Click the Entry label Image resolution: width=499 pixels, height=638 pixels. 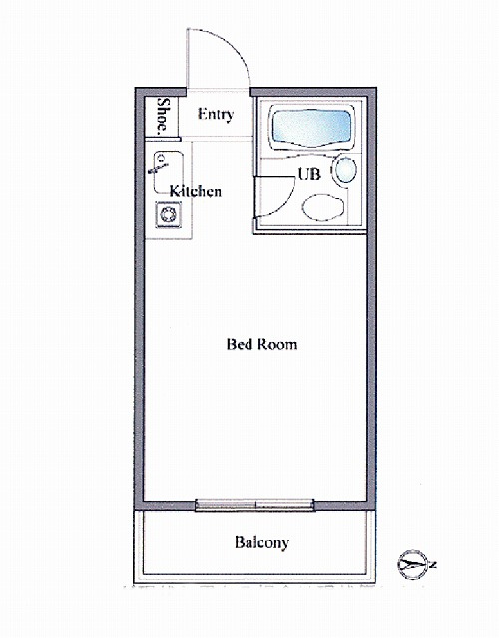[216, 115]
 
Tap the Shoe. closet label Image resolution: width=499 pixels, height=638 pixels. [163, 116]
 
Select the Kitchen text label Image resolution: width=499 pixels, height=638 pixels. [196, 191]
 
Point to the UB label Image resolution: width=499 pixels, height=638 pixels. [309, 174]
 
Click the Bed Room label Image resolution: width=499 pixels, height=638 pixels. [261, 344]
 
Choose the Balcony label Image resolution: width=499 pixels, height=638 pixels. [261, 542]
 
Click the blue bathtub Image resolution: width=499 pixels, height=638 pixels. [311, 127]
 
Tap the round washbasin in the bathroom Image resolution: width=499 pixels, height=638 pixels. [345, 170]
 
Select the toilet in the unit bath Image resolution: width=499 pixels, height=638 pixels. [323, 207]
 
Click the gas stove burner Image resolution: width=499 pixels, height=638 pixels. [168, 214]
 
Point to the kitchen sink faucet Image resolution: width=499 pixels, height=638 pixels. [159, 164]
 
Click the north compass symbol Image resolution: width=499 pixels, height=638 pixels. [412, 564]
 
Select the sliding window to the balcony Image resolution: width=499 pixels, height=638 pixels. [255, 505]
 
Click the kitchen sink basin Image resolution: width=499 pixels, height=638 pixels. [168, 172]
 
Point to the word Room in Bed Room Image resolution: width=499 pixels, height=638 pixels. [278, 344]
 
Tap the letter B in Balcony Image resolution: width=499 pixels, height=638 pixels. [240, 542]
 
